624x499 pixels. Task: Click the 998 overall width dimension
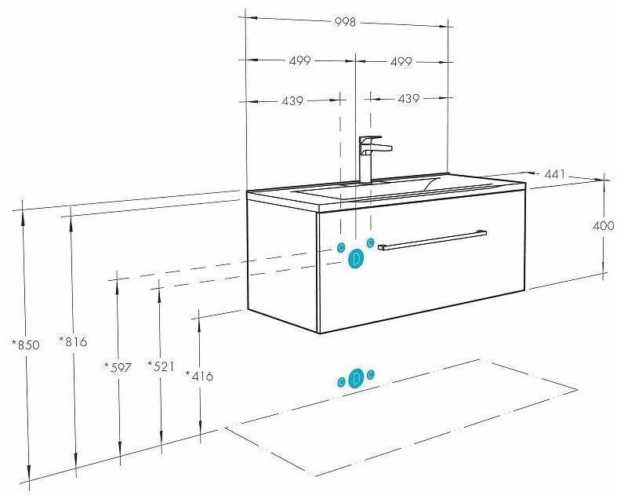point(346,22)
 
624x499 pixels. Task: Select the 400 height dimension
point(603,226)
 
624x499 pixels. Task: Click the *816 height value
point(73,341)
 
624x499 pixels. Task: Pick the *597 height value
point(118,366)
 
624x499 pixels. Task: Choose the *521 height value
point(161,366)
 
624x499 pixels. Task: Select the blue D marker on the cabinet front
point(355,258)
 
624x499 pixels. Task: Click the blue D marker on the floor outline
point(356,378)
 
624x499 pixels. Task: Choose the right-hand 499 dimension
point(401,61)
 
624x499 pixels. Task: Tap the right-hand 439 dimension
point(409,99)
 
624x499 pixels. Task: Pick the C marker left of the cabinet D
point(341,247)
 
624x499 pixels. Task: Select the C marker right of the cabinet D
point(371,242)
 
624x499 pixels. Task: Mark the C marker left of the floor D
point(341,382)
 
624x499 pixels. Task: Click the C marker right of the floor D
point(371,374)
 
